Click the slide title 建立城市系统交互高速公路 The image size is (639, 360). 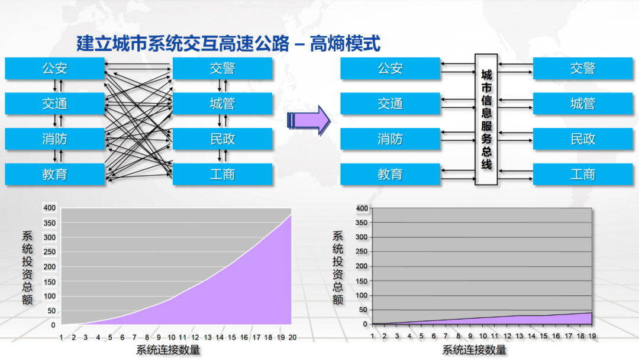pos(183,43)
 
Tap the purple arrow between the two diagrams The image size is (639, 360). pos(308,120)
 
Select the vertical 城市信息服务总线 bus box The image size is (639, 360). pos(486,120)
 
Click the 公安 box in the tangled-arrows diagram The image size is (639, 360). pos(54,69)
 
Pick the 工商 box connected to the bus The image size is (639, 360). pos(583,175)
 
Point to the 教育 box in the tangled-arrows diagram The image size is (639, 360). pos(54,175)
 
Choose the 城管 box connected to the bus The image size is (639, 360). pos(583,104)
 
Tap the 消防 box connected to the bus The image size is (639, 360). pos(390,139)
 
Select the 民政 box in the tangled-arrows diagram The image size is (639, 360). pos(222,139)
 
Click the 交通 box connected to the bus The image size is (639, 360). pos(390,104)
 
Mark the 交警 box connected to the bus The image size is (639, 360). pos(583,69)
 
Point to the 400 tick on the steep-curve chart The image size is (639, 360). pos(49,208)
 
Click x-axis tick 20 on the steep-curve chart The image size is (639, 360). pos(292,337)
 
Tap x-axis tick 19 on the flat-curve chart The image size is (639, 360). pos(592,336)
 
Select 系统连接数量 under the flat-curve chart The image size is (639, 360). pos(475,350)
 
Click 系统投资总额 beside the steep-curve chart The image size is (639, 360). pos(27,266)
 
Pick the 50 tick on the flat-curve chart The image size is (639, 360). pos(362,310)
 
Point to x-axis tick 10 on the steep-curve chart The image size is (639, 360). pos(171,337)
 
